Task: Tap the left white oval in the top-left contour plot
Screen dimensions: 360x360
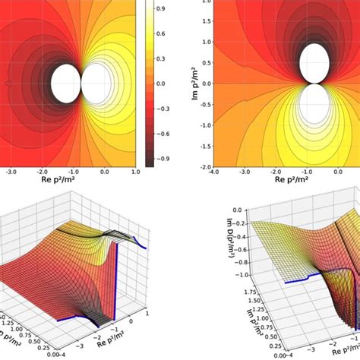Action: pyautogui.click(x=63, y=82)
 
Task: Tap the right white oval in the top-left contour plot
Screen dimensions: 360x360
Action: pyautogui.click(x=96, y=82)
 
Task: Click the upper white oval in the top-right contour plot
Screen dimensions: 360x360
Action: pyautogui.click(x=314, y=63)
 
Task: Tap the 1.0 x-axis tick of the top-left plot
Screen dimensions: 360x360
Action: pyautogui.click(x=135, y=174)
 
